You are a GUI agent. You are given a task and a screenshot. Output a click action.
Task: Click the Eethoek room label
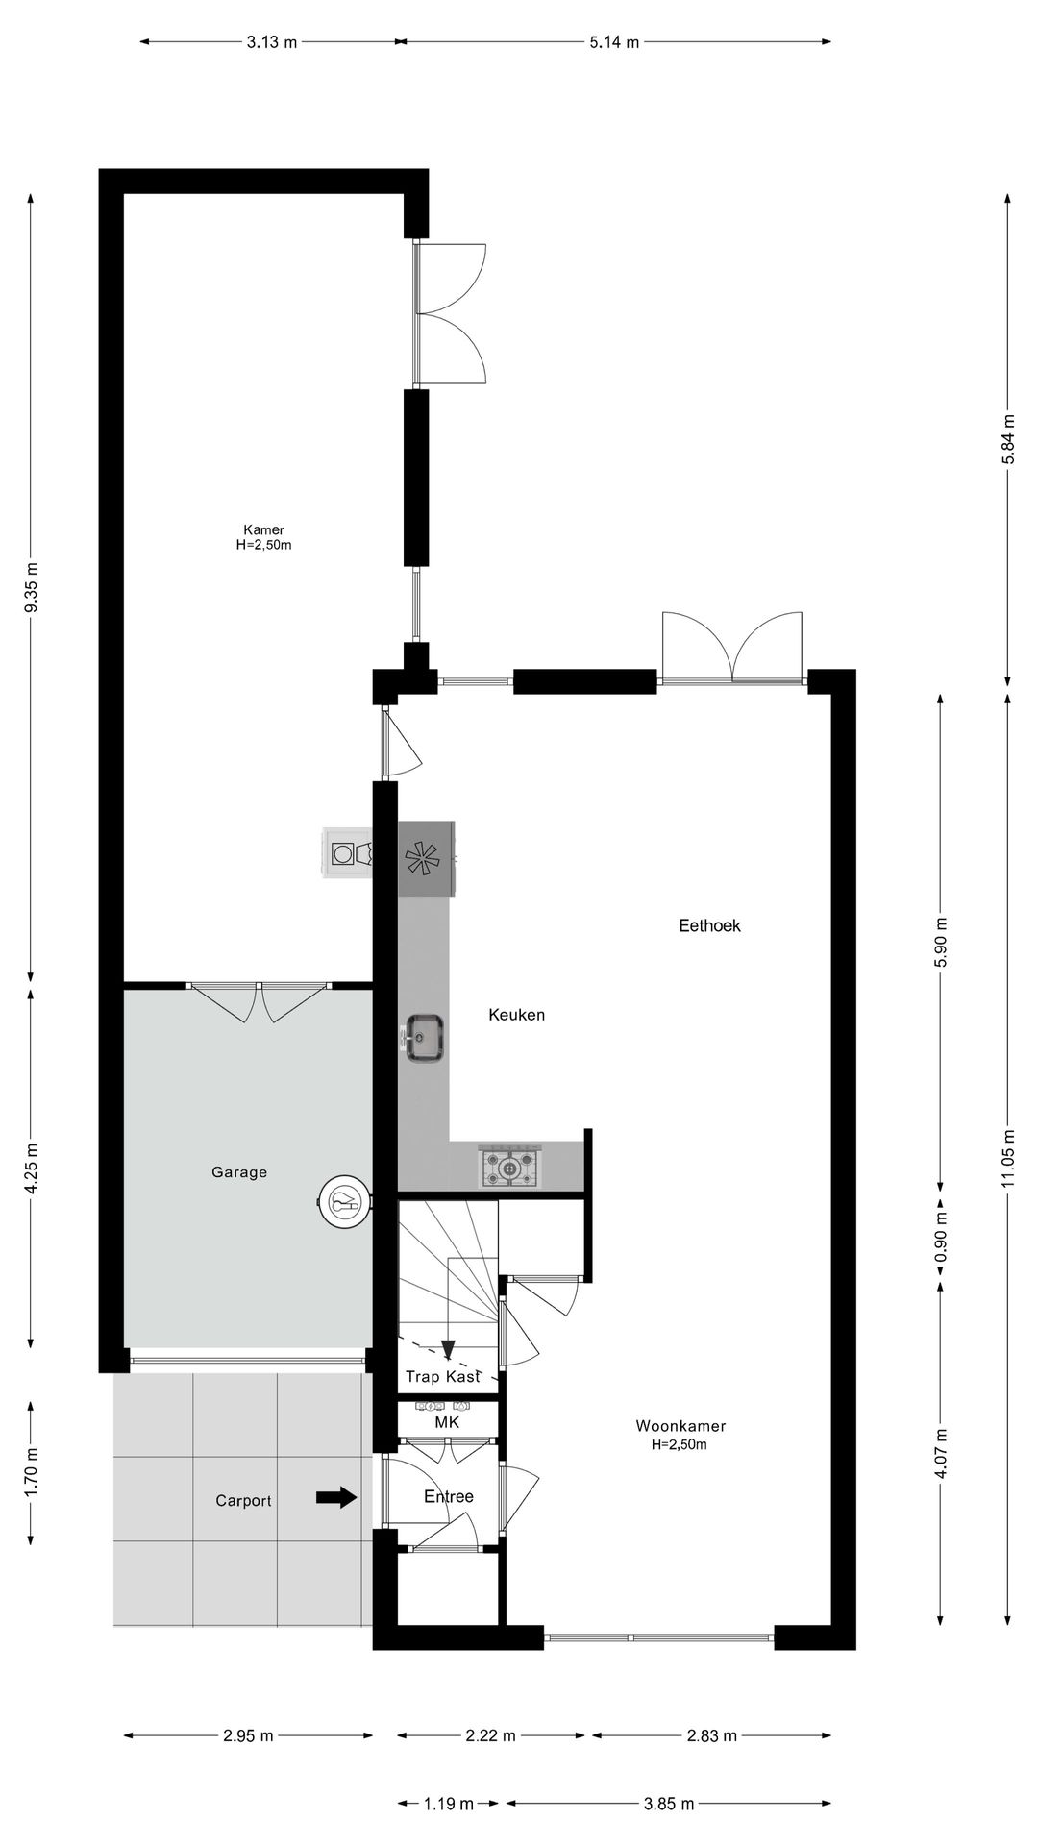[x=709, y=926]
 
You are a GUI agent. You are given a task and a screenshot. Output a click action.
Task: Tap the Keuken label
[x=516, y=1015]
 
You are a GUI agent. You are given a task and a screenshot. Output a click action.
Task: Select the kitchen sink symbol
[x=424, y=1037]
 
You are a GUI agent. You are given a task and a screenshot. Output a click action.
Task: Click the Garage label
[x=239, y=1172]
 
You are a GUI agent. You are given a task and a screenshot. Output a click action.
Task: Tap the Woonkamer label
[x=680, y=1427]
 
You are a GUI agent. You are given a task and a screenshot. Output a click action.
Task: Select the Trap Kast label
[x=442, y=1377]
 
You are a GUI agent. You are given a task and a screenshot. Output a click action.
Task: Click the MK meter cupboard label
[x=447, y=1422]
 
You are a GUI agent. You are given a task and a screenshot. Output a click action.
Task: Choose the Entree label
[x=449, y=1496]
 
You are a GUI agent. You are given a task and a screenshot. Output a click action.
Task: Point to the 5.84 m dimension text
[x=1007, y=439]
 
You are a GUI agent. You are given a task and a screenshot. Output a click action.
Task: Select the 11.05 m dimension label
[x=1007, y=1158]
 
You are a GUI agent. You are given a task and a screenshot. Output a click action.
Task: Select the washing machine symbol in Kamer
[x=347, y=853]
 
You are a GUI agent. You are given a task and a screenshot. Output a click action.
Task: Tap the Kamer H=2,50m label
[x=263, y=537]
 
